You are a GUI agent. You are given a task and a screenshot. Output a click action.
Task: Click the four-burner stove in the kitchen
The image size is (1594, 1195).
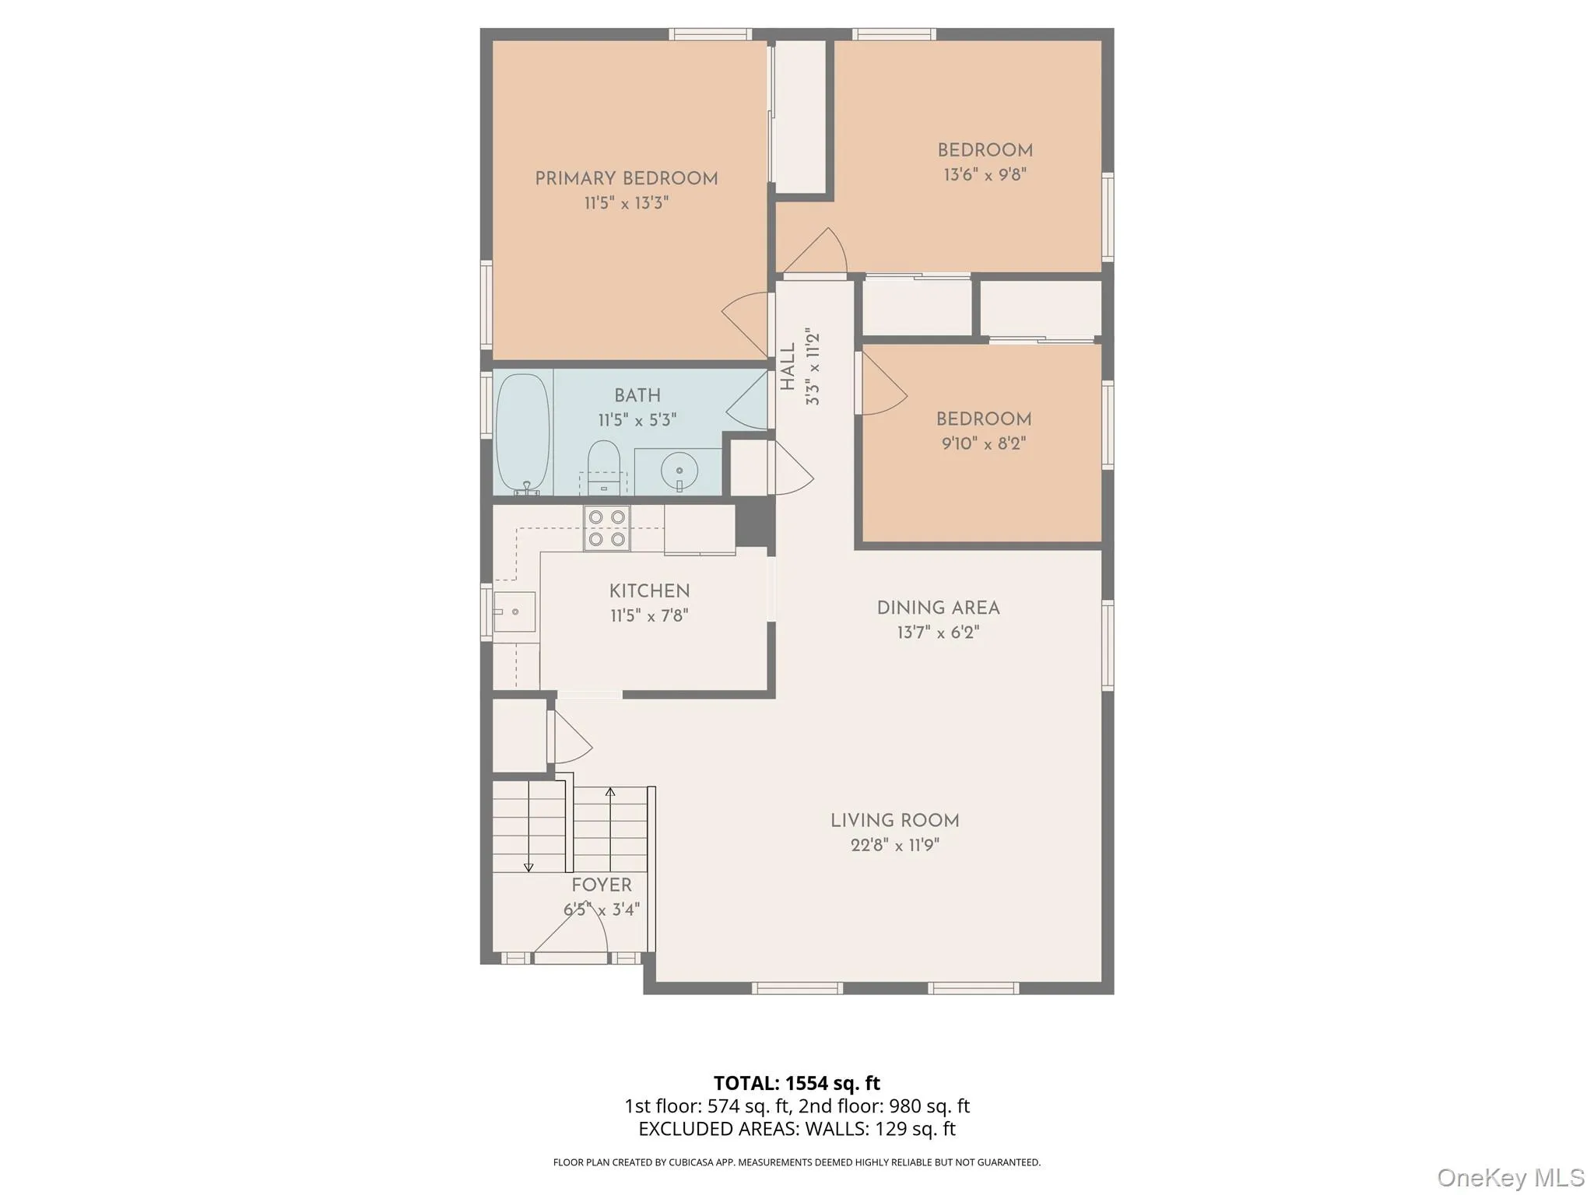pyautogui.click(x=607, y=527)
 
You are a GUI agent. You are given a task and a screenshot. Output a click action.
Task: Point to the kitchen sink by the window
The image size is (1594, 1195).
pyautogui.click(x=514, y=612)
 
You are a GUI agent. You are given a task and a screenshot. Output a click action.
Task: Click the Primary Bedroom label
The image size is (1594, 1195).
pyautogui.click(x=626, y=178)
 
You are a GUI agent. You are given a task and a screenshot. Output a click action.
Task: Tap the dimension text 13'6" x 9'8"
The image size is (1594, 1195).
pyautogui.click(x=985, y=174)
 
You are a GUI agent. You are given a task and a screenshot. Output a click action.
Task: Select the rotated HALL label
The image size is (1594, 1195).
pyautogui.click(x=788, y=366)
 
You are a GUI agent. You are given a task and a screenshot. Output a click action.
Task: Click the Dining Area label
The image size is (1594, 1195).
pyautogui.click(x=938, y=608)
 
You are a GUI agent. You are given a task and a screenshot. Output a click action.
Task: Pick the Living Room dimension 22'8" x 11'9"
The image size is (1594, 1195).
pyautogui.click(x=894, y=845)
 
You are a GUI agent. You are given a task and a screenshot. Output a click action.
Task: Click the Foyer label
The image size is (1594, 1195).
pyautogui.click(x=601, y=885)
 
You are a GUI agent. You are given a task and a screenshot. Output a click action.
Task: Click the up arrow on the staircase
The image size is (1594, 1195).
pyautogui.click(x=610, y=793)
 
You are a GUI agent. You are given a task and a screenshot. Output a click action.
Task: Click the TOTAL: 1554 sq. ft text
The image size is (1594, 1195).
pyautogui.click(x=796, y=1083)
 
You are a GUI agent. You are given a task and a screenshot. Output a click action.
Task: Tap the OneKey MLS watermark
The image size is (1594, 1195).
pyautogui.click(x=1510, y=1177)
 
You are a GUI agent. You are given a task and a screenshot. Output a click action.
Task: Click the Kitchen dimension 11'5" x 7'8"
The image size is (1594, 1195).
pyautogui.click(x=649, y=615)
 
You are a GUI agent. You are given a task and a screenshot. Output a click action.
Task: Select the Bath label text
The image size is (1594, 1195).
pyautogui.click(x=637, y=395)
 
